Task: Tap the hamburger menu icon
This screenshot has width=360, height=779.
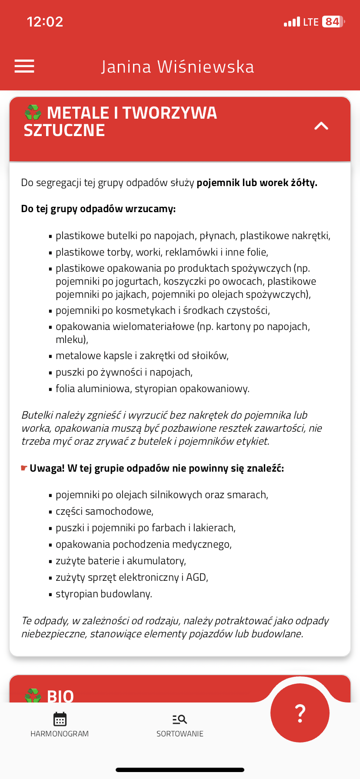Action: (24, 66)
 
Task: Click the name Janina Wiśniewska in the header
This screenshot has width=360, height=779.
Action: (177, 67)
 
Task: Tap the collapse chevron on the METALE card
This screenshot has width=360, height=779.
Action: (321, 126)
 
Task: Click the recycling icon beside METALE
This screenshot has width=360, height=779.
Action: (33, 113)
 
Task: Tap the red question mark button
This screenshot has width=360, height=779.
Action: (300, 713)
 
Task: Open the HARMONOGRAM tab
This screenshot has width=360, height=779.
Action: (60, 725)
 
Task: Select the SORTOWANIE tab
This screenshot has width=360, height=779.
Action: (180, 725)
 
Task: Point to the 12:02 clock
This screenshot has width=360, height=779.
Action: (45, 22)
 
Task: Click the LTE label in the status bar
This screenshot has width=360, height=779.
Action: (311, 22)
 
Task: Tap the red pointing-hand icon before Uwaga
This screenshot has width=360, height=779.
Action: (24, 468)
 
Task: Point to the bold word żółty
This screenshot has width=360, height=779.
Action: (304, 183)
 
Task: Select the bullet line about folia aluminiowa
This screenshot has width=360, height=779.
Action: (152, 389)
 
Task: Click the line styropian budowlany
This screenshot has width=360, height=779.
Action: (103, 594)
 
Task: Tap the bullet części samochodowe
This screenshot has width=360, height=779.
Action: (104, 511)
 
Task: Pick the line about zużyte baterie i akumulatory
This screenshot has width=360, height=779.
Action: (120, 561)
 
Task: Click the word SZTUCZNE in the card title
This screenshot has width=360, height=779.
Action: (64, 130)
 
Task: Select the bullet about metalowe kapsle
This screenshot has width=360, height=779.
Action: (142, 356)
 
